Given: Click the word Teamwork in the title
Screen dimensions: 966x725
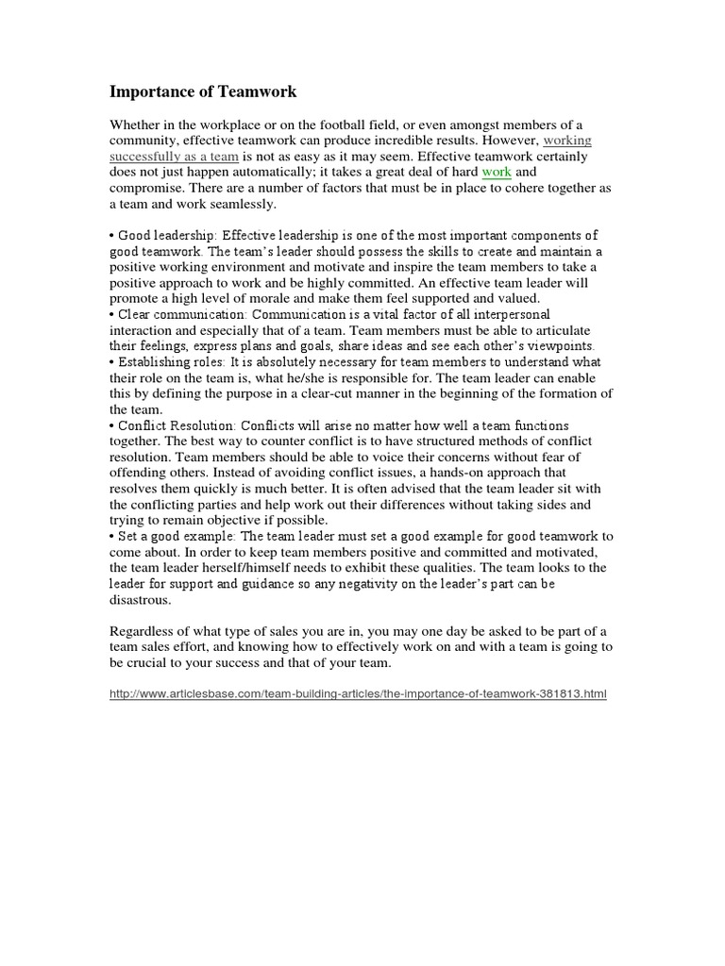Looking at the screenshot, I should click(x=256, y=92).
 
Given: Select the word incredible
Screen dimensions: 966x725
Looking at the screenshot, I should click(x=393, y=142).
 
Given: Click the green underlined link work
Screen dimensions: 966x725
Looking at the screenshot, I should click(x=497, y=173).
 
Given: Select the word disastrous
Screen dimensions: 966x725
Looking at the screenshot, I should click(x=141, y=599).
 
